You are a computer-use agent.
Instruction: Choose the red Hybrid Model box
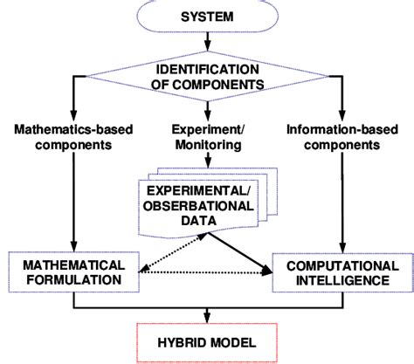[207, 342]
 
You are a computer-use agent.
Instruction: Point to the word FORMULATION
[72, 279]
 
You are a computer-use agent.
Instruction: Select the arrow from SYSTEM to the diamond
[207, 42]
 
